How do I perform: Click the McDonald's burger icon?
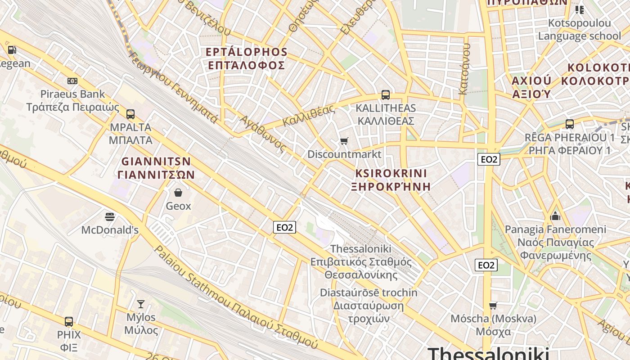[x=109, y=217]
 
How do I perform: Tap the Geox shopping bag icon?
[x=178, y=193]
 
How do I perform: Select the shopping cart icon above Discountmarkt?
[x=344, y=141]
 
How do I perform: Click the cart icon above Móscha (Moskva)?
[x=493, y=306]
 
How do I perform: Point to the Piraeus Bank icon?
[x=72, y=81]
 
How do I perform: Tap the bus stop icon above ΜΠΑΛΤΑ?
[x=130, y=114]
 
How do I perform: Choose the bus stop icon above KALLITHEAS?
[x=386, y=95]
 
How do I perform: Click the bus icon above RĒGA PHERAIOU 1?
[x=570, y=124]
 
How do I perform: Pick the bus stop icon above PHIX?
[x=69, y=322]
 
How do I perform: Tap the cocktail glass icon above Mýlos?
[x=141, y=304]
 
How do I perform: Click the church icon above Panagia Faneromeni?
[x=555, y=216]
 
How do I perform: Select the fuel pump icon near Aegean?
[x=12, y=50]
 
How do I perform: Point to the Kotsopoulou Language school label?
[x=579, y=29]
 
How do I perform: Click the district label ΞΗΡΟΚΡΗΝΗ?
[x=391, y=186]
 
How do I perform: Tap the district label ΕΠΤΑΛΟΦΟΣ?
[x=246, y=65]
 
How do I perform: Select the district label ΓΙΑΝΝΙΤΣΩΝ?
[x=156, y=175]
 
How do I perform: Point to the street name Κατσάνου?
[x=464, y=69]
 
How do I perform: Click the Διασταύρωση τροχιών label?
[x=369, y=312]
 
